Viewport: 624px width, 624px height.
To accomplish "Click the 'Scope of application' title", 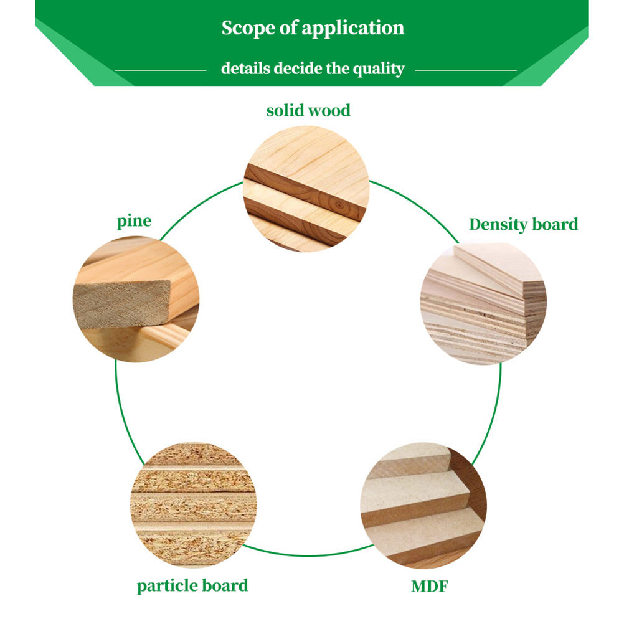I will tap(313, 28).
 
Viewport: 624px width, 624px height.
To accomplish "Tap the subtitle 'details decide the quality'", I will tap(313, 69).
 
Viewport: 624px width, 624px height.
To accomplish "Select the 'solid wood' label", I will tap(308, 111).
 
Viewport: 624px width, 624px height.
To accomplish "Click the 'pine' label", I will tap(134, 221).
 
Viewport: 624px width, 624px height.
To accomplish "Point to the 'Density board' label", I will tap(523, 224).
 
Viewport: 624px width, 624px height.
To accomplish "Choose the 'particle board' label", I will tap(192, 585).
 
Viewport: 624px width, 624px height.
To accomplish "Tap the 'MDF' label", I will tap(430, 586).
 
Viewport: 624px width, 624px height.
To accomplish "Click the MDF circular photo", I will tap(423, 505).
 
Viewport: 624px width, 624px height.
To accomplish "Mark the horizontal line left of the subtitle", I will tap(160, 70).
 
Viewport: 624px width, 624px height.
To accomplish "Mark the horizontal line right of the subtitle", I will tap(465, 70).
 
